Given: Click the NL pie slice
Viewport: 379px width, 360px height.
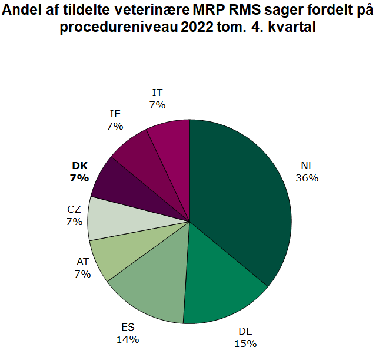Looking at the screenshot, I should click(x=241, y=194).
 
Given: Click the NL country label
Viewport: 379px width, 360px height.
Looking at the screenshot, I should click(x=308, y=166).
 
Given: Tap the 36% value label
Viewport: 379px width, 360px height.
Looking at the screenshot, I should click(x=308, y=177).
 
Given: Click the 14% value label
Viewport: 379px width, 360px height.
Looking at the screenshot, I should click(x=128, y=339).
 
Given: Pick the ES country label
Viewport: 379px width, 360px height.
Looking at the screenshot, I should click(x=128, y=328).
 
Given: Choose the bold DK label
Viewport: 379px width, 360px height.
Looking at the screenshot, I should click(x=79, y=166).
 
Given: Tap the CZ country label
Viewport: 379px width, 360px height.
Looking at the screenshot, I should click(x=74, y=209).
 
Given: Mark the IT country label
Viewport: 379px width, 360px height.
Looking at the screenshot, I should click(x=157, y=93).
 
